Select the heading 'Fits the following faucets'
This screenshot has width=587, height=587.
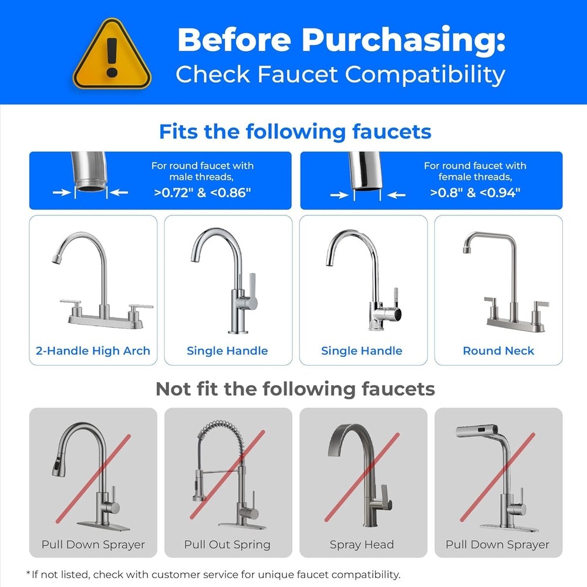pyautogui.click(x=295, y=131)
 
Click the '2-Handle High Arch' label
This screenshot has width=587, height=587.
pyautogui.click(x=93, y=351)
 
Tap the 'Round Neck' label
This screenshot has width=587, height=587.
pyautogui.click(x=498, y=351)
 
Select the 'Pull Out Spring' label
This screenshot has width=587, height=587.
pyautogui.click(x=227, y=545)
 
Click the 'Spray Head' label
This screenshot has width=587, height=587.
pyautogui.click(x=362, y=545)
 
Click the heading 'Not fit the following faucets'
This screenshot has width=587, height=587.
pyautogui.click(x=295, y=389)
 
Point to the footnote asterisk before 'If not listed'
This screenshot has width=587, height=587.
pyautogui.click(x=28, y=574)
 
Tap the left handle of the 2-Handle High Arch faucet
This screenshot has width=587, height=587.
pyautogui.click(x=71, y=303)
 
